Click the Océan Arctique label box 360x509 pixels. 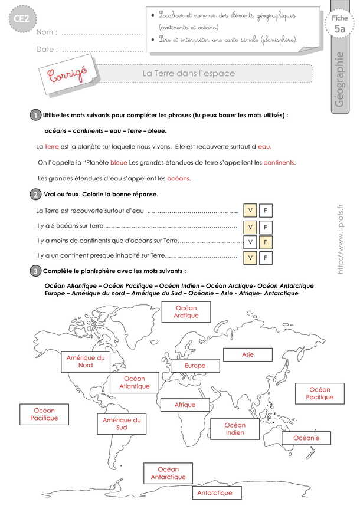pos(186,311)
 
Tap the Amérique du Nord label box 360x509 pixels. pos(86,361)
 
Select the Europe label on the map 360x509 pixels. pos(195,366)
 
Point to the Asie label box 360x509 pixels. pos(248,354)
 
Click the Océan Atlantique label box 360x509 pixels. pos(135,382)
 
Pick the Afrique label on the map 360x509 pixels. pos(185,405)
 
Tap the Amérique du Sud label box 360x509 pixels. pos(122,423)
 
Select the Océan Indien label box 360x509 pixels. pos(235,429)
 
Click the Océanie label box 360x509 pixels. pos(306,438)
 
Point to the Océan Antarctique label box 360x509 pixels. pos(168,473)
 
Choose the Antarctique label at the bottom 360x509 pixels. pos(215,492)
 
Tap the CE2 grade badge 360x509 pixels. pos(17,21)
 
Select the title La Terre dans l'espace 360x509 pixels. pos(189,74)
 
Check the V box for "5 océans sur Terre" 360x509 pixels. pos(250,227)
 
